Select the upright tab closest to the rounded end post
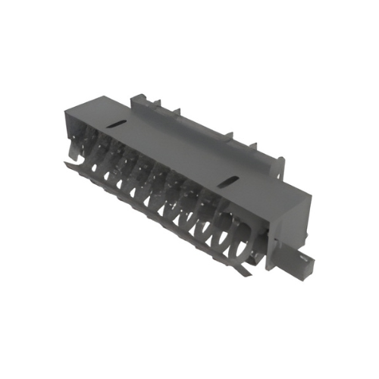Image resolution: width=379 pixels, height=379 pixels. [x=252, y=143]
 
